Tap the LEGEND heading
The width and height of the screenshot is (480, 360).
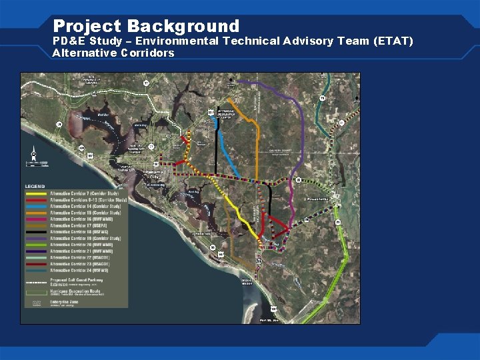pos(35,186)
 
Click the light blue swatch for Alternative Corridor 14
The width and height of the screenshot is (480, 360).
pos(37,207)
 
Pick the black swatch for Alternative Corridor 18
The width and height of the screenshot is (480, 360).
pos(37,232)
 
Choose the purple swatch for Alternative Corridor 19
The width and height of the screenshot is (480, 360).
pos(37,238)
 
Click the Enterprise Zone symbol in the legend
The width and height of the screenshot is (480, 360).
pos(37,303)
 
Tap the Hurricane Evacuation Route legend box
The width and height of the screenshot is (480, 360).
pos(37,291)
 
